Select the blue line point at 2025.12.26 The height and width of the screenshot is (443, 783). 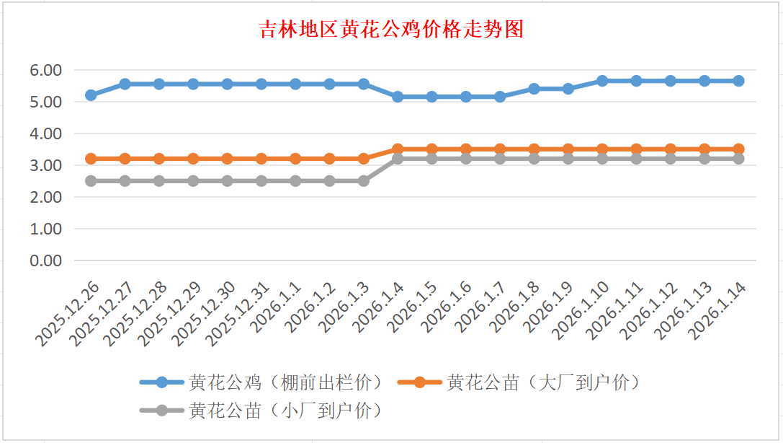(x=91, y=95)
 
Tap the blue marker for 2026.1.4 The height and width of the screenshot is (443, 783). (x=398, y=97)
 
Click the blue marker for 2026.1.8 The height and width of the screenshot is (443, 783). (x=534, y=89)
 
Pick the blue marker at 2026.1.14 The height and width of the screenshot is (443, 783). (x=738, y=81)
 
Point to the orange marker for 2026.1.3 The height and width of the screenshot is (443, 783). (x=364, y=159)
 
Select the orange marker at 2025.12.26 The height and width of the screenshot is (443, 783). (x=91, y=159)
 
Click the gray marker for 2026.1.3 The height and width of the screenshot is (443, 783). (x=364, y=181)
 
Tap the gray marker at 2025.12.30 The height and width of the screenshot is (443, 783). (x=227, y=181)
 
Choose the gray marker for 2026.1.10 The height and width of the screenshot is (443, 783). (x=602, y=159)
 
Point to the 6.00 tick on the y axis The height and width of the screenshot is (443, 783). (x=45, y=71)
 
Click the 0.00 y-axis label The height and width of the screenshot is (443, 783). (x=45, y=260)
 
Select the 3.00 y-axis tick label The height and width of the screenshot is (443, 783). (x=45, y=165)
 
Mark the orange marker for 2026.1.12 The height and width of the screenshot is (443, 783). (x=671, y=149)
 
